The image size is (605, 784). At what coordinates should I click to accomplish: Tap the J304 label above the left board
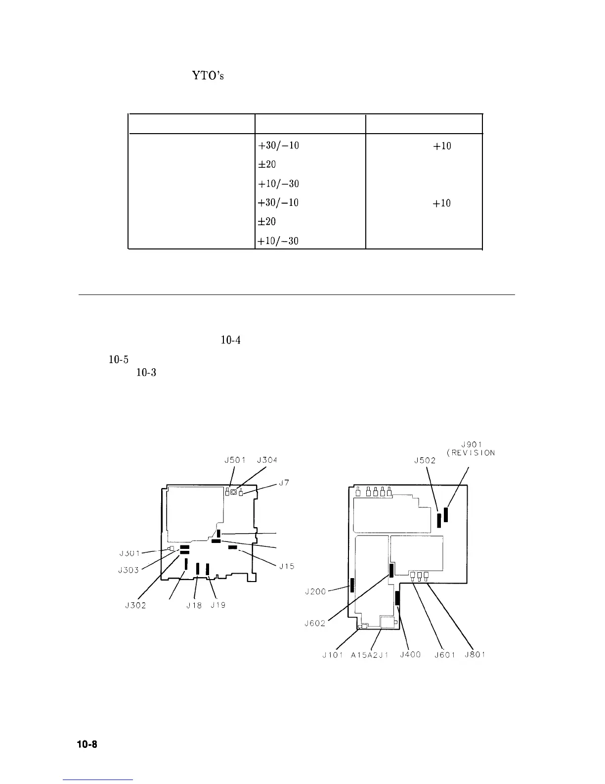click(267, 460)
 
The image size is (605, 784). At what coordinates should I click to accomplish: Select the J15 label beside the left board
click(287, 566)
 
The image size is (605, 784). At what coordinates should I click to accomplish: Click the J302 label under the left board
click(135, 605)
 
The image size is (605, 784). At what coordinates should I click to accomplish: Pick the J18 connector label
click(194, 605)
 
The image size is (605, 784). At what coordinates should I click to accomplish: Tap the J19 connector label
click(218, 605)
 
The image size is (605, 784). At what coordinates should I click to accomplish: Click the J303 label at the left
click(129, 570)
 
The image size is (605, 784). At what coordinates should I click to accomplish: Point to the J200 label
click(315, 591)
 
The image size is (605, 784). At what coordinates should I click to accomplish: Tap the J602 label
click(315, 623)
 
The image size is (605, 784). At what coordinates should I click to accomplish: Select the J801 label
click(475, 655)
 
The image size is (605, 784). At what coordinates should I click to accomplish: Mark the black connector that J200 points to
click(352, 585)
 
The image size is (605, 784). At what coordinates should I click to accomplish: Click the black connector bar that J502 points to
click(439, 520)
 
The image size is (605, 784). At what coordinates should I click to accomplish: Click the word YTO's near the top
click(208, 77)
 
